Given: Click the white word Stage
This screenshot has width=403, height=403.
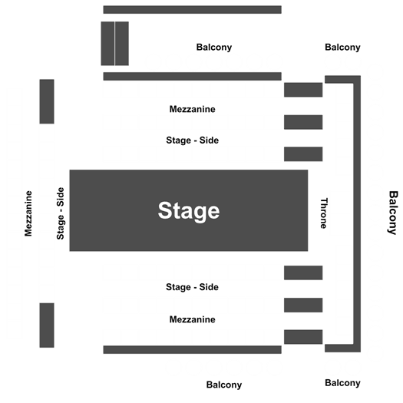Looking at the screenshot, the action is (189, 211).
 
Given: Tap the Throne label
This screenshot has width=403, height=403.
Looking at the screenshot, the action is (324, 213).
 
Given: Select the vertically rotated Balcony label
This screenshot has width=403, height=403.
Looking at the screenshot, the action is (392, 213).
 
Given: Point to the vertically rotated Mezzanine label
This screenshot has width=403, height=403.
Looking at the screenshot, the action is (28, 213).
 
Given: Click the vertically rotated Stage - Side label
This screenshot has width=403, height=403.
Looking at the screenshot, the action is (60, 213).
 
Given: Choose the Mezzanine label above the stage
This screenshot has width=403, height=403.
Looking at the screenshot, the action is (192, 109).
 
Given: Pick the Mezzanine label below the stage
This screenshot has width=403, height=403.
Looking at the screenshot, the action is (192, 319).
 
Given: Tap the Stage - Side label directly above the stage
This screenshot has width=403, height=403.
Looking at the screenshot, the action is (192, 140).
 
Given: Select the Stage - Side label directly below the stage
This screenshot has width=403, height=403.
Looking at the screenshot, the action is (192, 287).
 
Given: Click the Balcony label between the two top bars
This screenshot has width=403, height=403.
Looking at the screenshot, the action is (214, 48).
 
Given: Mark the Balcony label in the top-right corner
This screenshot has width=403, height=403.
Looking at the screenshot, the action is (342, 48).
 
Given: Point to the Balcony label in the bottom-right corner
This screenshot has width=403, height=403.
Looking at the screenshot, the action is (342, 383).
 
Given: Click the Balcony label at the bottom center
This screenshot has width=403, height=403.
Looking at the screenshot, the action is (224, 385).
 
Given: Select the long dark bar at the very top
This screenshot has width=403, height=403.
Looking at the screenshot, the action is (192, 10).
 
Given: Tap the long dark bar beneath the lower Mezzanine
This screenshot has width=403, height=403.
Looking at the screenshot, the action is (192, 350).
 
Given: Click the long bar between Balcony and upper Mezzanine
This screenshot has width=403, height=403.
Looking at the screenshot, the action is (192, 76).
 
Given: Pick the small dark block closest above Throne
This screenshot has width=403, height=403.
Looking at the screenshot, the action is (303, 154).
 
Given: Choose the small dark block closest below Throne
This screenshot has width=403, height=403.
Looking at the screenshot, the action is (303, 273).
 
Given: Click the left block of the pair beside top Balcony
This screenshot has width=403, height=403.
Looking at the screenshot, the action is (107, 44).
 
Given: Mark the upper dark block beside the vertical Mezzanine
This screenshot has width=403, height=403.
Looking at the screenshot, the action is (47, 101).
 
